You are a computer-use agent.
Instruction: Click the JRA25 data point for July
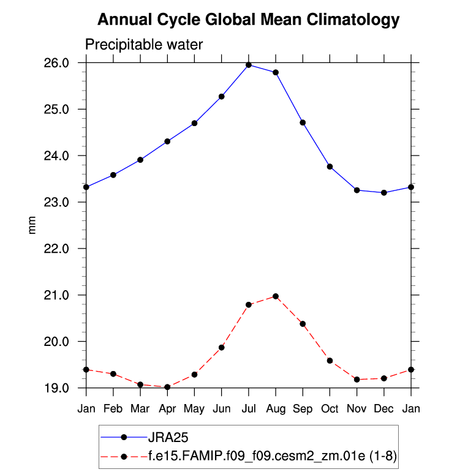click(x=249, y=65)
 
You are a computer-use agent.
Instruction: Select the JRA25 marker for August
click(x=276, y=72)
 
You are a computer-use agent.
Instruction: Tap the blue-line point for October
click(x=330, y=167)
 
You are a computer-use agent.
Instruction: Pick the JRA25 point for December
click(x=384, y=192)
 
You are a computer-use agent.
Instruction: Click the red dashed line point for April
click(x=167, y=387)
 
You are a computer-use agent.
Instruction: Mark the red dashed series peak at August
click(x=276, y=296)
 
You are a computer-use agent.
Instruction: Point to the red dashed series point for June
click(x=222, y=348)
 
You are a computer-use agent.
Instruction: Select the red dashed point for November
click(x=357, y=380)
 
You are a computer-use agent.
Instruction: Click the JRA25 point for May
click(x=194, y=123)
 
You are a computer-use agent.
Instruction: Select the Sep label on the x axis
click(x=303, y=408)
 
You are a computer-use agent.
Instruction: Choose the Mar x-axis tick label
click(x=140, y=408)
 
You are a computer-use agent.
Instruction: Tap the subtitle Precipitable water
click(x=143, y=45)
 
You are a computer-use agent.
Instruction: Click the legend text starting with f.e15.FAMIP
click(x=273, y=456)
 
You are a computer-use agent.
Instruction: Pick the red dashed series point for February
click(x=113, y=374)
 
